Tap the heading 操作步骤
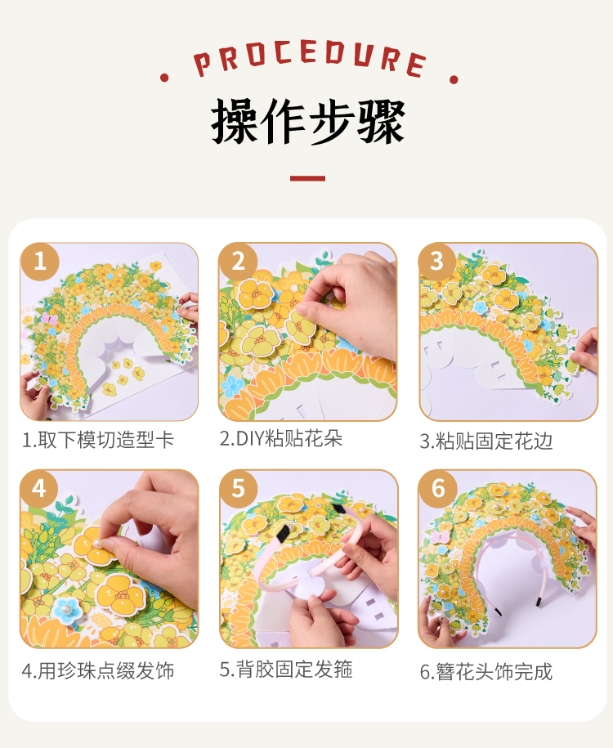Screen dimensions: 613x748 307,121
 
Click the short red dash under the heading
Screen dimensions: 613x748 307,178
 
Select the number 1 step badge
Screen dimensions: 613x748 39,262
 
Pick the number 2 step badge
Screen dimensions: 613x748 238,262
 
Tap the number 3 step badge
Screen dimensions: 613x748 437,262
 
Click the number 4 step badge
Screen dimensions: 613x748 39,489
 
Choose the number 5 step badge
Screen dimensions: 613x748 238,489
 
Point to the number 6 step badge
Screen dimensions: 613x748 437,489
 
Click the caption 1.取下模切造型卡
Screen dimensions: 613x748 98,440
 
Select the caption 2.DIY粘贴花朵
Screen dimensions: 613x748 281,438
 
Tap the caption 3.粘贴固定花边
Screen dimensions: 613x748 486,441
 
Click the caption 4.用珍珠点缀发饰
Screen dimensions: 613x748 98,670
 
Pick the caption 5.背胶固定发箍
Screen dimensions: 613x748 286,670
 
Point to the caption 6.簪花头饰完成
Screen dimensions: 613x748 486,672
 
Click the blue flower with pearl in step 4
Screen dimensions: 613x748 67,609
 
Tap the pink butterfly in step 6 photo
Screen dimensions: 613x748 440,537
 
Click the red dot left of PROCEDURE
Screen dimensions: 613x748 164,78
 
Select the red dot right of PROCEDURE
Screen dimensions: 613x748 454,79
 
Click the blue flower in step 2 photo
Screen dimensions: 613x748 233,387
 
